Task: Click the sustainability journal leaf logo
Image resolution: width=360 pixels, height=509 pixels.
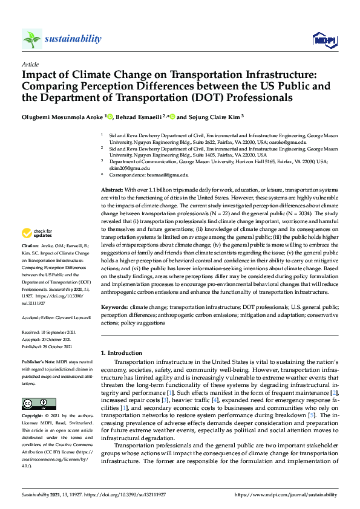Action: (x=32, y=39)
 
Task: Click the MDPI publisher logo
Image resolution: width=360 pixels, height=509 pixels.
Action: (x=324, y=40)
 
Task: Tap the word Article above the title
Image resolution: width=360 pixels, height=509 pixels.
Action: (x=30, y=64)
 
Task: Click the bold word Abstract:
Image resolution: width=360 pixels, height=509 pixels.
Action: (x=113, y=190)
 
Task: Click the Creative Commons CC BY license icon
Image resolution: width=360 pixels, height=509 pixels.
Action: (x=35, y=403)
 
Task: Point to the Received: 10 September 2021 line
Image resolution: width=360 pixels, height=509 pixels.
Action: (x=48, y=332)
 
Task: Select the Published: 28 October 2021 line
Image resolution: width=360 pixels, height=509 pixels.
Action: (x=47, y=348)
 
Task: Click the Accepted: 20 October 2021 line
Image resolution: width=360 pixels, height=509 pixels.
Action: (x=47, y=340)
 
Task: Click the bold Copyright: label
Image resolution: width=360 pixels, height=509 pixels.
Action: (x=33, y=417)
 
